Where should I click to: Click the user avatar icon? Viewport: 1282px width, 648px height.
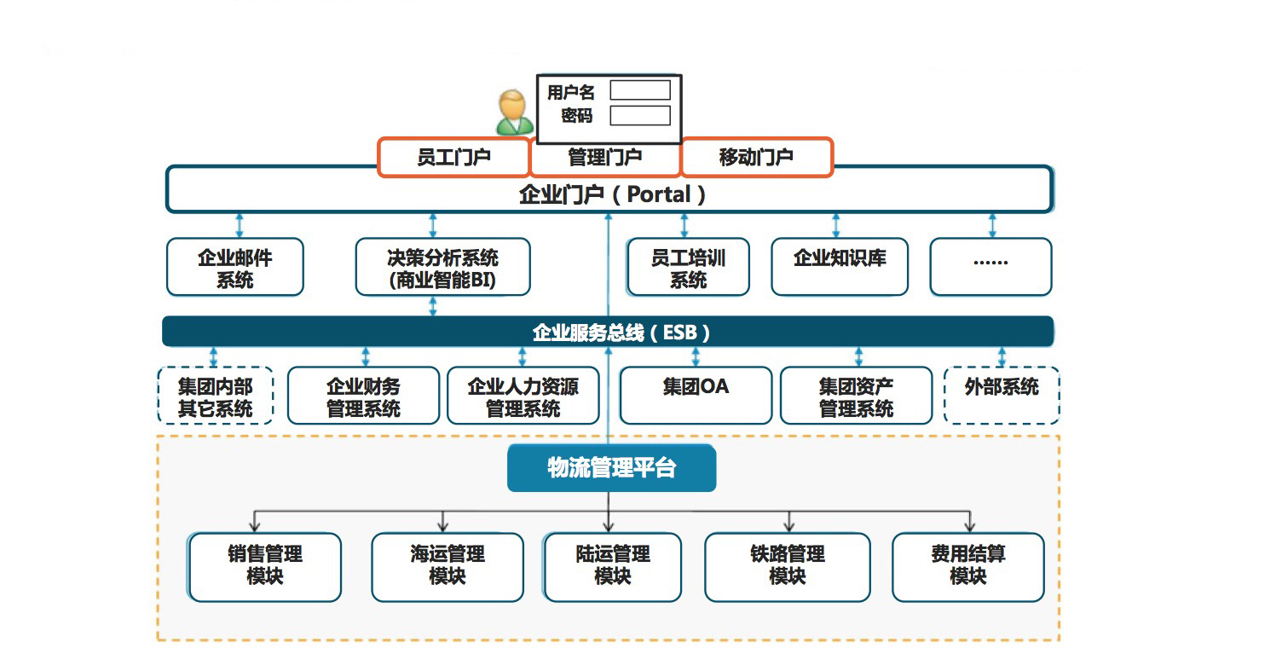pyautogui.click(x=514, y=113)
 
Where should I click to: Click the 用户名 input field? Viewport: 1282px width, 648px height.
pyautogui.click(x=639, y=90)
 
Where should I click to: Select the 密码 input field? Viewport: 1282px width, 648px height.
pyautogui.click(x=639, y=115)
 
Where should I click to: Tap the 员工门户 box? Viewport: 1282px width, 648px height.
pyautogui.click(x=453, y=158)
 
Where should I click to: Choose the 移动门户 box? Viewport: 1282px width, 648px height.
pyautogui.click(x=755, y=158)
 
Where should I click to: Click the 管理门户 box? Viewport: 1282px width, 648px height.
pyautogui.click(x=604, y=158)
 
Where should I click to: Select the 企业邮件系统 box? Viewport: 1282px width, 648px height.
pyautogui.click(x=235, y=267)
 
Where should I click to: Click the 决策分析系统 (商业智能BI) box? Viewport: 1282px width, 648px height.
pyautogui.click(x=442, y=267)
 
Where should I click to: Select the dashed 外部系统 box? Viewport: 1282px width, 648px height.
pyautogui.click(x=1002, y=395)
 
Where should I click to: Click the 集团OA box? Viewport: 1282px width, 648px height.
pyautogui.click(x=696, y=395)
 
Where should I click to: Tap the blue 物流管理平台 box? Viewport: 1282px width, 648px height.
pyautogui.click(x=611, y=468)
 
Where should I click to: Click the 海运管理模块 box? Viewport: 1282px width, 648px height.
pyautogui.click(x=448, y=566)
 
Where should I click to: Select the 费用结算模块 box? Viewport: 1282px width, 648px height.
pyautogui.click(x=967, y=566)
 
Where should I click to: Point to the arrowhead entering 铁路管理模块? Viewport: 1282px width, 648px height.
pyautogui.click(x=789, y=528)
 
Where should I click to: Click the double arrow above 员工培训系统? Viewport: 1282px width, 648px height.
pyautogui.click(x=684, y=226)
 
